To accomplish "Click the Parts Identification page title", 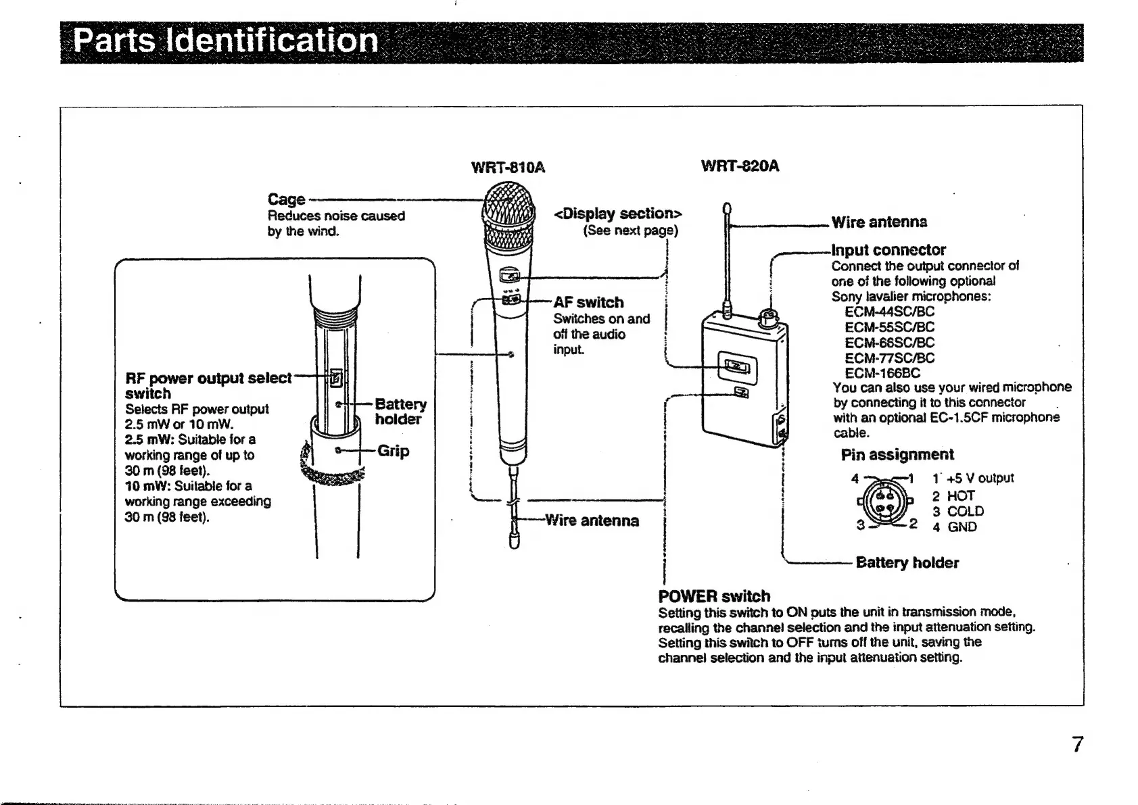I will point(226,41).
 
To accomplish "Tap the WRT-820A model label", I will point(740,166).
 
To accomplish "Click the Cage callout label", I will point(286,199).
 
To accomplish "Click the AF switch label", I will point(588,302).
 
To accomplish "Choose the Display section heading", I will point(617,214).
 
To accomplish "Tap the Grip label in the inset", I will point(394,451).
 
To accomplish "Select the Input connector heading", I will point(888,249).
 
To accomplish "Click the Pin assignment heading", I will point(897,454).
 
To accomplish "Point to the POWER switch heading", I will point(714,596).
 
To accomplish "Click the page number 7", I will point(1078,744).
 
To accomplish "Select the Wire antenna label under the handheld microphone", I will point(592,520).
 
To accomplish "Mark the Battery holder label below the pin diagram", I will point(907,562).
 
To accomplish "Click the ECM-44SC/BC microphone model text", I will point(889,312).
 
